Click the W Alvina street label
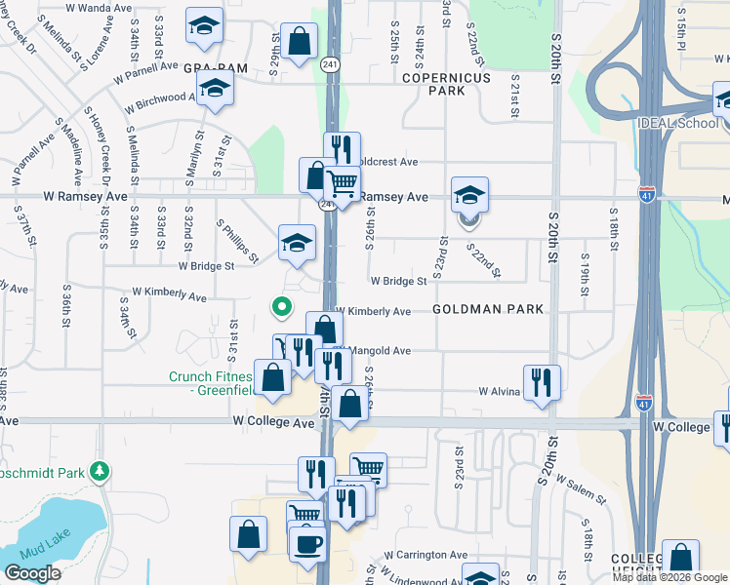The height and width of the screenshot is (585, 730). click(500, 391)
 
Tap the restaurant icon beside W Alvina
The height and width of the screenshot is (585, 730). click(542, 381)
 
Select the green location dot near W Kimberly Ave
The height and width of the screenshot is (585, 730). click(282, 308)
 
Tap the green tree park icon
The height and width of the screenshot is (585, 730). click(99, 472)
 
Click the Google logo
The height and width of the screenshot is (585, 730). click(32, 573)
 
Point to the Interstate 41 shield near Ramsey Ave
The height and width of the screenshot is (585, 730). click(647, 195)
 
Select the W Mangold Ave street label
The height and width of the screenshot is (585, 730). click(375, 350)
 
